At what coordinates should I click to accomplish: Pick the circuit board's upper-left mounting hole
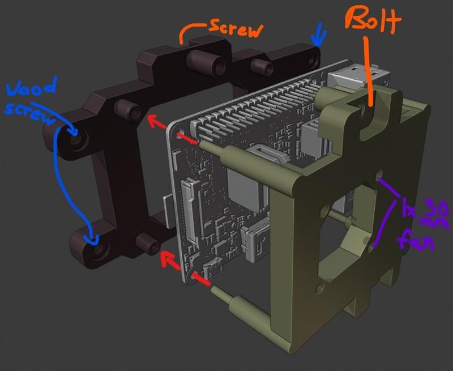click(x=181, y=135)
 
